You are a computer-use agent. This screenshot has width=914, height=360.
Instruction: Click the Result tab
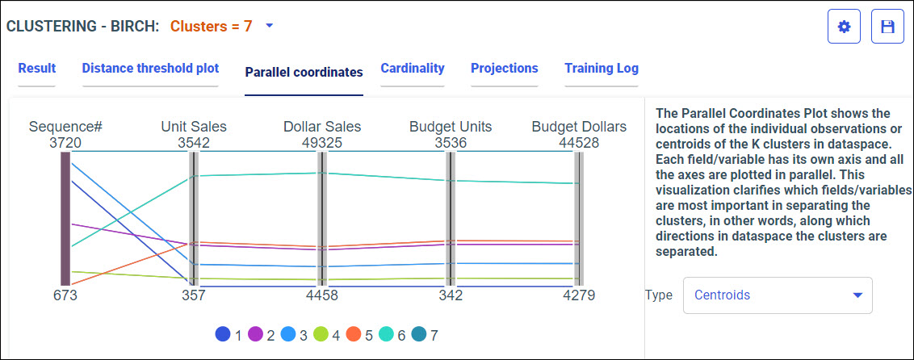(x=36, y=69)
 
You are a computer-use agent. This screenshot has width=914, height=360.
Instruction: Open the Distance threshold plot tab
(x=150, y=69)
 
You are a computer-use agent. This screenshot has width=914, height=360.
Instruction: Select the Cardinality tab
(x=413, y=69)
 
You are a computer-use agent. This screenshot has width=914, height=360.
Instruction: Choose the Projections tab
(x=504, y=69)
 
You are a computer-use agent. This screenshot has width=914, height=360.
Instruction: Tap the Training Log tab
(x=602, y=69)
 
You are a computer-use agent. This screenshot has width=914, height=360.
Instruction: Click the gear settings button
(x=845, y=27)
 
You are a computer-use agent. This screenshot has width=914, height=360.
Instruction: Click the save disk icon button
(x=887, y=27)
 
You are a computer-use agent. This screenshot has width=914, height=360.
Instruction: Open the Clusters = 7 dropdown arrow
(x=270, y=26)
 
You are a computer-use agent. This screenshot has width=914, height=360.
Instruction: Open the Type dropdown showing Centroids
(x=778, y=295)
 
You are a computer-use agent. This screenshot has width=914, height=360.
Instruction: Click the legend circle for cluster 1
(x=223, y=334)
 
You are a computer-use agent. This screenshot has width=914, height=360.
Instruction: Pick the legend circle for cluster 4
(x=321, y=334)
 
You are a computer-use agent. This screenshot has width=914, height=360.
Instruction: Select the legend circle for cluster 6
(x=386, y=334)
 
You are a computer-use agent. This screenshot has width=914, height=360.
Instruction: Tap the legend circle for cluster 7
(x=418, y=334)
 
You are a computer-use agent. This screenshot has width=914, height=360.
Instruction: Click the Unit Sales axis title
(x=194, y=127)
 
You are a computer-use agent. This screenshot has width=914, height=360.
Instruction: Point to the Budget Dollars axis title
(x=579, y=127)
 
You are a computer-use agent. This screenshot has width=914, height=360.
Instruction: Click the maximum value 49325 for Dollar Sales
(x=322, y=144)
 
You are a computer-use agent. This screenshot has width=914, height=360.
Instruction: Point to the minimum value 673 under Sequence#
(x=65, y=295)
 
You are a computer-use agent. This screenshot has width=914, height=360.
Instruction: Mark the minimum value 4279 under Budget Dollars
(x=579, y=295)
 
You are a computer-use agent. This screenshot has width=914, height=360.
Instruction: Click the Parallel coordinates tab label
(x=304, y=72)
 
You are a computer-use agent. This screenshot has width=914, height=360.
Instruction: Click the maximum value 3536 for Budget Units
(x=451, y=144)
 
